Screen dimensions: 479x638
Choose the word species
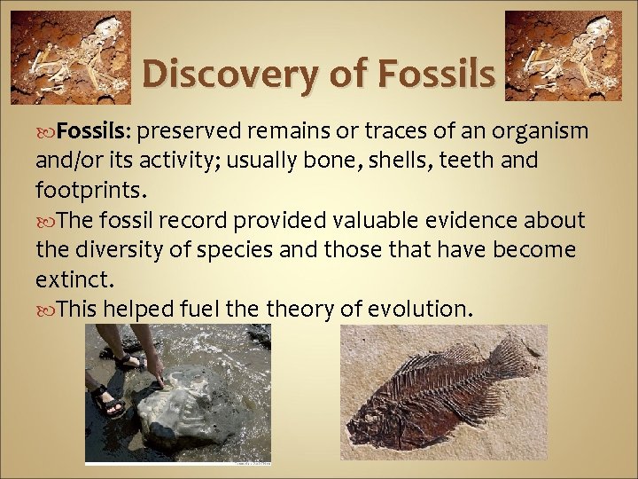pyautogui.click(x=245, y=250)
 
